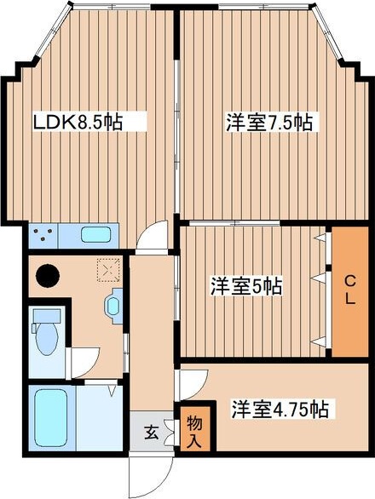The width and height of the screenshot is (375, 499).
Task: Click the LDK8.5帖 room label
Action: [77, 122]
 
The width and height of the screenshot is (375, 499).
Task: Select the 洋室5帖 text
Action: [247, 287]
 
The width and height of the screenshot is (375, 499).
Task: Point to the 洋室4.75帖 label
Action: [280, 410]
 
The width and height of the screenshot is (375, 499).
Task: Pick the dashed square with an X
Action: [107, 270]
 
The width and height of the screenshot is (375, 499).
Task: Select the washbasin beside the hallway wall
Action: [114, 306]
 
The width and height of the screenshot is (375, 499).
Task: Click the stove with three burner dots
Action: [45, 233]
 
